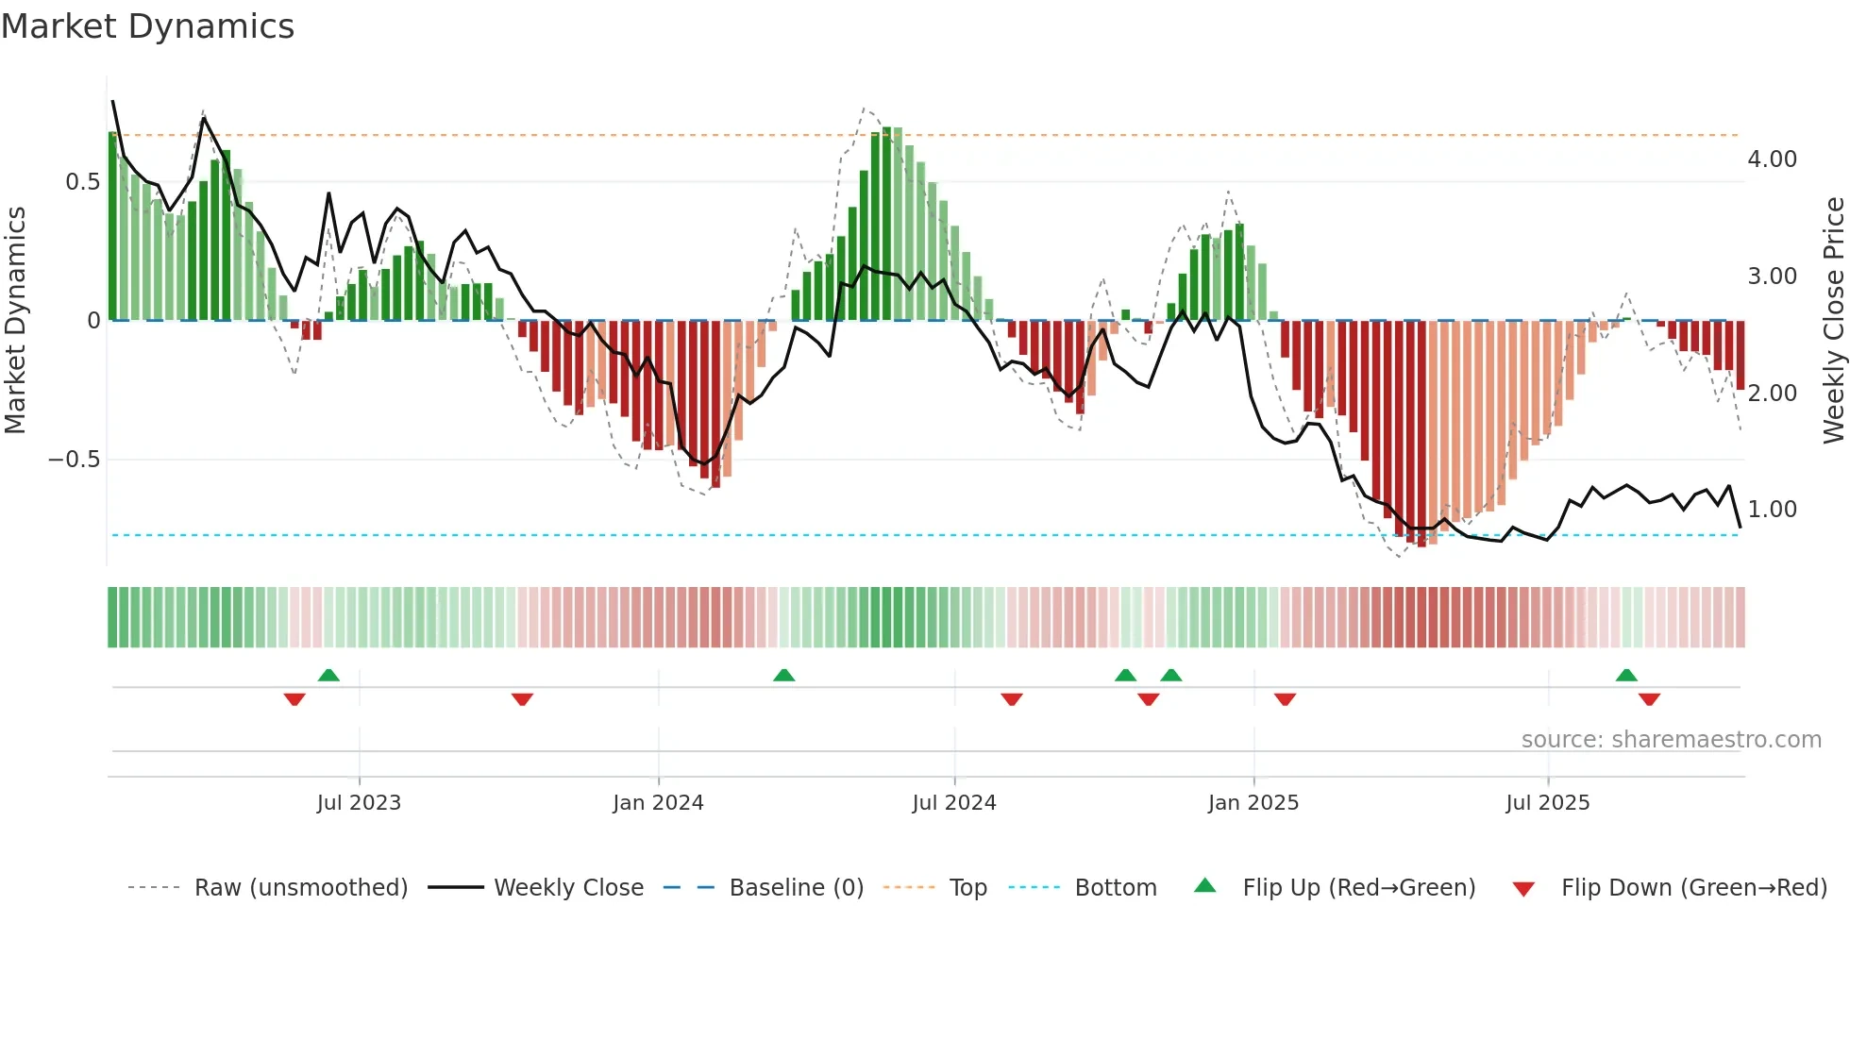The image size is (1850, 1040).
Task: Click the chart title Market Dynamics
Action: [x=147, y=26]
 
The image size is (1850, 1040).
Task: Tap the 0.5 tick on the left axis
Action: [x=82, y=182]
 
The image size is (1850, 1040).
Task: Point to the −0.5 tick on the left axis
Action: [x=74, y=460]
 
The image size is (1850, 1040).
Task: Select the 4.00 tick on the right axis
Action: [x=1772, y=159]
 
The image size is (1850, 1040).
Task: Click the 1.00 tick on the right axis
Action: [x=1772, y=510]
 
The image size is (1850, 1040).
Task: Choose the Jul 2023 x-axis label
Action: [x=359, y=803]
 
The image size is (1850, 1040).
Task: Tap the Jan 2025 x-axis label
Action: [x=1253, y=803]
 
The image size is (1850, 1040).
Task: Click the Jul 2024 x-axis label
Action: [x=953, y=803]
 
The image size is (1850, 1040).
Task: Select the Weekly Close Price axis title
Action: [x=1833, y=320]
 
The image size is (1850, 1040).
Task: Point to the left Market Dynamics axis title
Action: [x=15, y=320]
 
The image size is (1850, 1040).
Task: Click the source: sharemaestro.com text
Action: [x=1671, y=740]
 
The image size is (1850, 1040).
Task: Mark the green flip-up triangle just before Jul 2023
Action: [x=328, y=676]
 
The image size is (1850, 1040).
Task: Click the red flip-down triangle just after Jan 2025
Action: [x=1285, y=699]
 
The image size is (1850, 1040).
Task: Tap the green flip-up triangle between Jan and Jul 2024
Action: [x=783, y=676]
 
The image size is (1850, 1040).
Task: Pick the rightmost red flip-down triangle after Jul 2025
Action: [x=1649, y=699]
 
